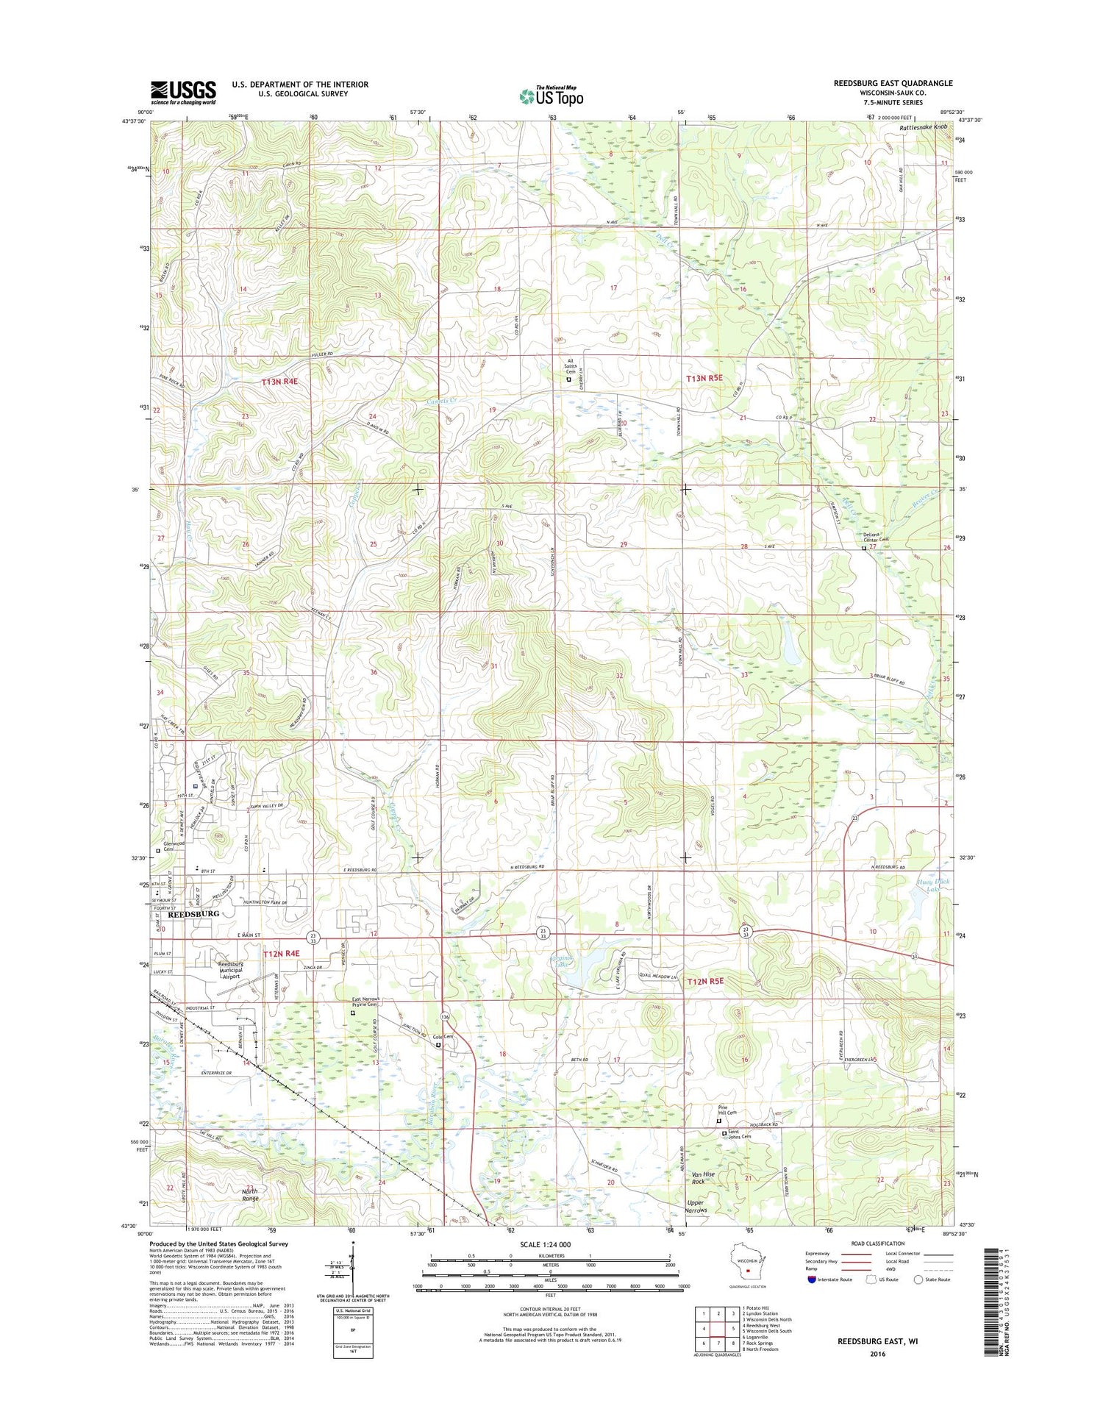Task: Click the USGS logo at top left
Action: (183, 92)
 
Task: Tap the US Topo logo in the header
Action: (551, 96)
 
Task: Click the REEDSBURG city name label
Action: (194, 914)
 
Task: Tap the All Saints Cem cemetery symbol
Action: (568, 379)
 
